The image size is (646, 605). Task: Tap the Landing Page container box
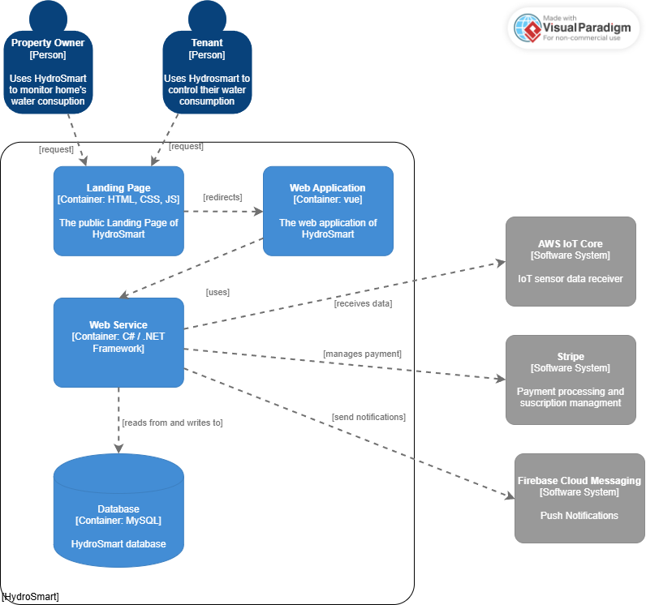coord(118,211)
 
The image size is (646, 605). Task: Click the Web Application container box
coord(328,211)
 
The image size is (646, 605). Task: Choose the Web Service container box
coord(118,342)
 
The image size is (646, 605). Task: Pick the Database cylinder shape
coord(118,511)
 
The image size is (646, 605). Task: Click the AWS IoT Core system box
coord(571,261)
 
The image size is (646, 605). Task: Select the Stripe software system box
coord(571,380)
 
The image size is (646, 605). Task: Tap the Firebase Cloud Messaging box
coord(579,498)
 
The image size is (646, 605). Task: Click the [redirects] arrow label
coord(222,197)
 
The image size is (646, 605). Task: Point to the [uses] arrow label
coord(217,292)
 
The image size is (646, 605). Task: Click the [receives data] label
coord(363,303)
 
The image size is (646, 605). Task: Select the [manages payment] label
coord(362,354)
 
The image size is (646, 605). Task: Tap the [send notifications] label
coord(368,417)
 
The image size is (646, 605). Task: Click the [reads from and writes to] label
coord(172,423)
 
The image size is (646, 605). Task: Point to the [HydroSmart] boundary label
coord(31,597)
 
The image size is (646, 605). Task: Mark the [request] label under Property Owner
coord(56,149)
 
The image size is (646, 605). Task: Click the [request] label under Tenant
coord(186,146)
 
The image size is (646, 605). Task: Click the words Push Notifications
coord(579,516)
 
